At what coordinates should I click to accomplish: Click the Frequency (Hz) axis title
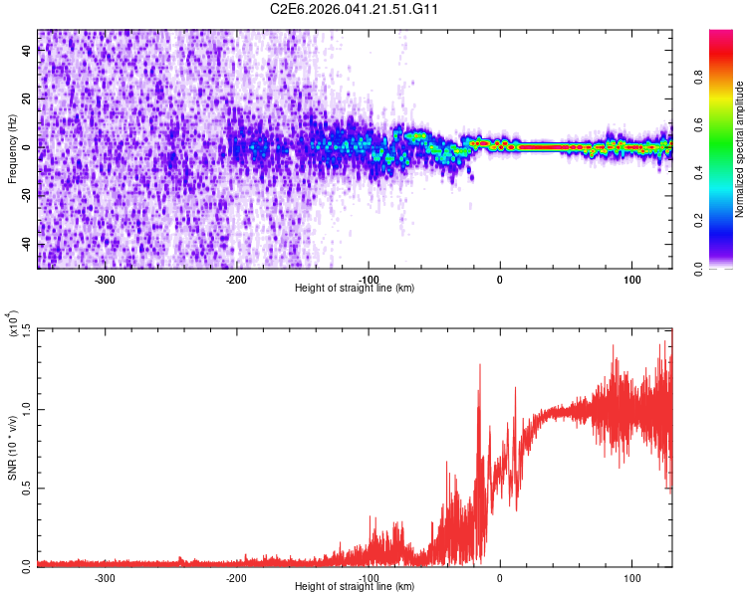tap(12, 149)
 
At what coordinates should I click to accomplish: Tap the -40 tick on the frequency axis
tap(28, 244)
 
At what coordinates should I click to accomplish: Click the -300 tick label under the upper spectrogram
tap(105, 279)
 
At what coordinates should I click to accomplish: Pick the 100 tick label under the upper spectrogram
tap(631, 279)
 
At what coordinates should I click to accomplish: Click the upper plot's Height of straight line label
tap(355, 288)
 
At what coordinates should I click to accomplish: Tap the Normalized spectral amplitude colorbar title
tap(739, 149)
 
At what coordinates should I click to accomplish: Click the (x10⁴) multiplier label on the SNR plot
tap(14, 325)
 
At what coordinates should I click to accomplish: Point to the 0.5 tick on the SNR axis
tap(27, 487)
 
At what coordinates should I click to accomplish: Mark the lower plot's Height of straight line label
tap(355, 586)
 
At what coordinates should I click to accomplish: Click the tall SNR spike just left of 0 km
tap(480, 366)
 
